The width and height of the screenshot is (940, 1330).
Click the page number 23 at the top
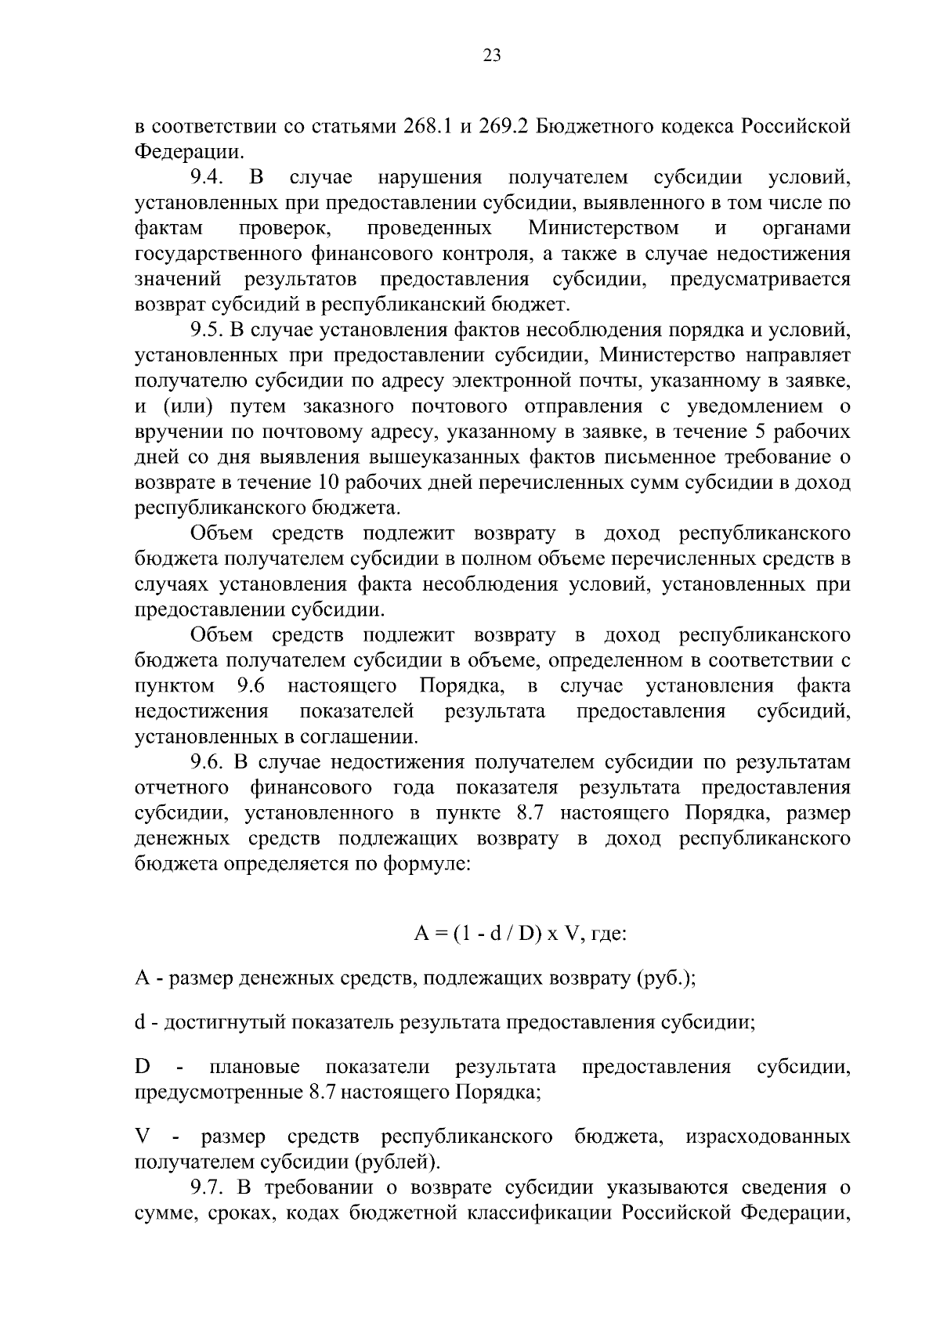492,55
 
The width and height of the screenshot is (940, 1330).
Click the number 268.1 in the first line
428,127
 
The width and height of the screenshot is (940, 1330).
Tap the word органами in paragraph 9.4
806,229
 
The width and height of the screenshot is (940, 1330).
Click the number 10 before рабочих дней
329,482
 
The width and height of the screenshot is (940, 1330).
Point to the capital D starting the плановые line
142,1067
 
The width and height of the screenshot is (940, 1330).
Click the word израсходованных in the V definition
768,1137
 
